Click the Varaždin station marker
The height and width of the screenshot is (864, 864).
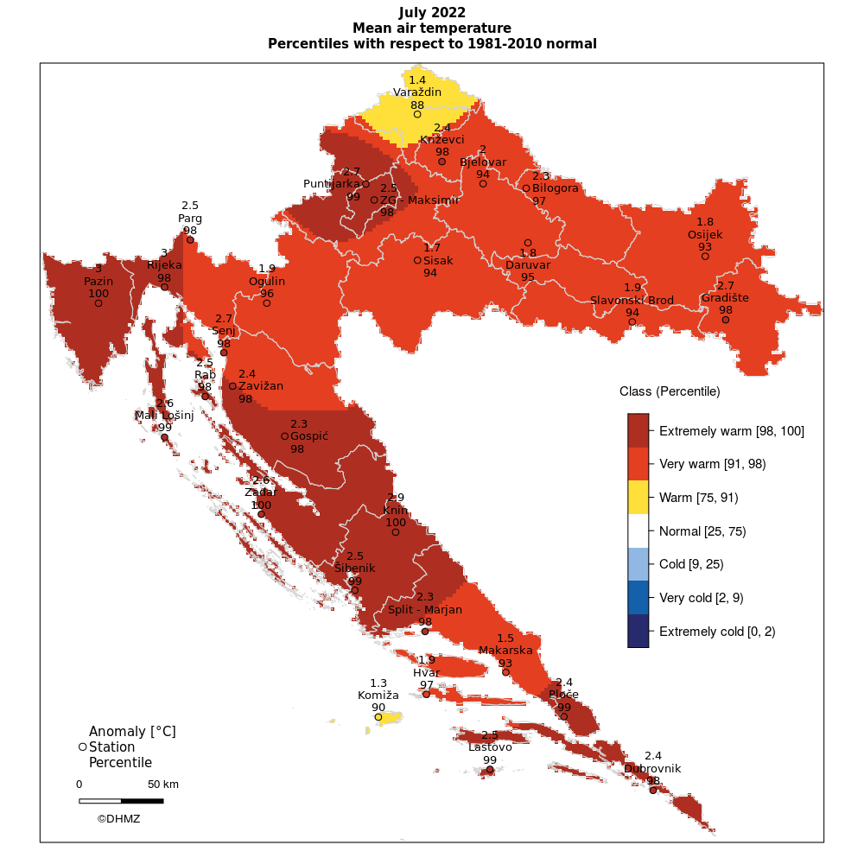[417, 114]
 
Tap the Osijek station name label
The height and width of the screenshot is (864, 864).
[705, 234]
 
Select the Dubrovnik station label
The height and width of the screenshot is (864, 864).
[652, 768]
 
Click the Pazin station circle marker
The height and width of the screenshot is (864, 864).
[98, 303]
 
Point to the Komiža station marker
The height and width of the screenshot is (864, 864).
[378, 717]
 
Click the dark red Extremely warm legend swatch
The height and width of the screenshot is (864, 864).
[638, 430]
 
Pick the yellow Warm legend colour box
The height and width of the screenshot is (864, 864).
[638, 498]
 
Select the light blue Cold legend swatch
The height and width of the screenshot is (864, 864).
[638, 564]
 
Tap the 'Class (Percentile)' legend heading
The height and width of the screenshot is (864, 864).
[670, 391]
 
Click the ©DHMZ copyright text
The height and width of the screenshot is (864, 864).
[118, 818]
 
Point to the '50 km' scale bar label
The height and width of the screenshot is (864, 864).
[162, 785]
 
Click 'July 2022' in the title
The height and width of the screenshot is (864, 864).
[432, 12]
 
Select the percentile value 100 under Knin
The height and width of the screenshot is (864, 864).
[396, 523]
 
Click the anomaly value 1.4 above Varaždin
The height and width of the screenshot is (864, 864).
[417, 79]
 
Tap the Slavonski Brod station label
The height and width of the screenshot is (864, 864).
[632, 300]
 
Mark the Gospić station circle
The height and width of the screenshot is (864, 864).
[285, 436]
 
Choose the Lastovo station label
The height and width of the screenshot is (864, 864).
[490, 746]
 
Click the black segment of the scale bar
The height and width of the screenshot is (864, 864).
[142, 801]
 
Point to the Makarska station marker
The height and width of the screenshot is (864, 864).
[505, 672]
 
